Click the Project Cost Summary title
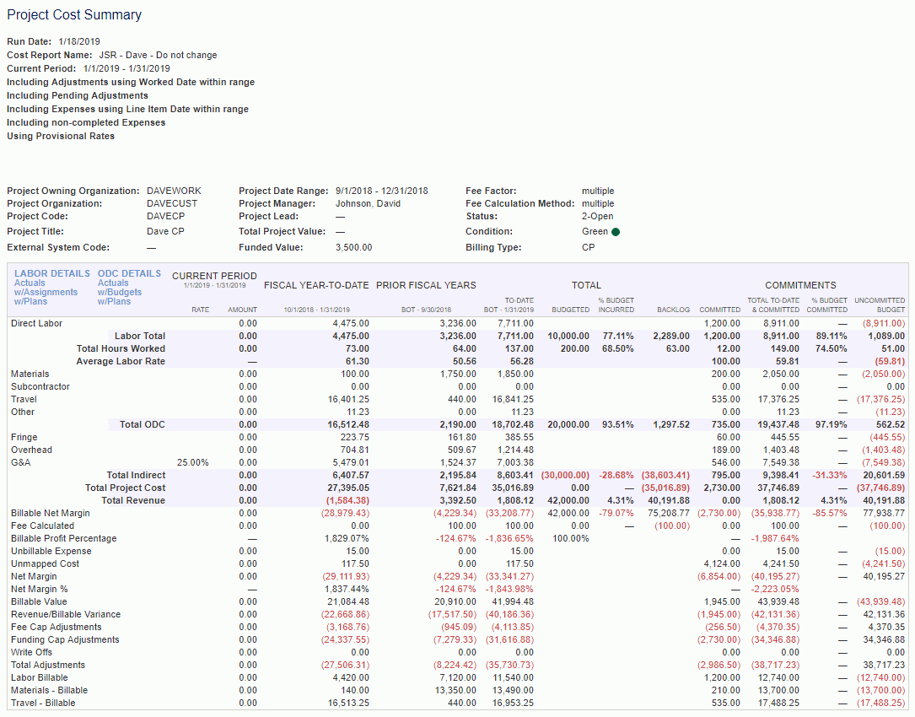tap(74, 15)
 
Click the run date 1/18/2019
tap(79, 41)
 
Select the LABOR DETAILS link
tap(52, 273)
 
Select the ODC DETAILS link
tap(129, 273)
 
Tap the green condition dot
tap(616, 232)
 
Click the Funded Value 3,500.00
tap(353, 248)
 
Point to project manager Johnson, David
tap(368, 203)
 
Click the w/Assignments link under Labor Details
tap(46, 292)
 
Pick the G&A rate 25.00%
tap(193, 462)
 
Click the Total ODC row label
tap(142, 424)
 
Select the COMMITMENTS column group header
tap(800, 285)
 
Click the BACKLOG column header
tap(673, 310)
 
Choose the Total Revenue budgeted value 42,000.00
tap(568, 500)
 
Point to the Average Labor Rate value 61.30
tap(358, 361)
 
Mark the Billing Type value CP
tap(589, 248)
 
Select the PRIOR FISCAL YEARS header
tap(426, 285)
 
